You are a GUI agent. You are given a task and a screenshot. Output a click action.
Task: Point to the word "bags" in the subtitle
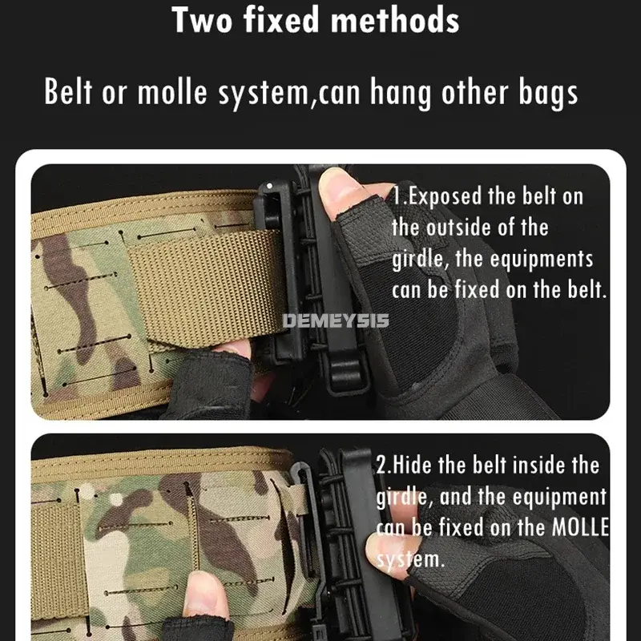546,93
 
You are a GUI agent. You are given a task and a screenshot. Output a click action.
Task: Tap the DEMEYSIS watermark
337,321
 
